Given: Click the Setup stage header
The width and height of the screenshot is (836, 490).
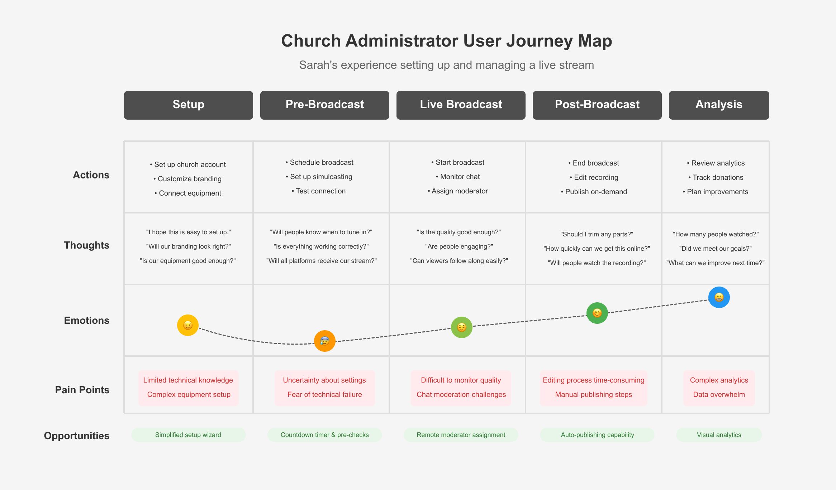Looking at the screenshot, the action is pos(189,105).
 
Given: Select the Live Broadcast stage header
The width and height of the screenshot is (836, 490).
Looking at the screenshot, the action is pos(461,105).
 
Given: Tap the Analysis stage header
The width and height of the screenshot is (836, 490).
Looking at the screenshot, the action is pos(719,105).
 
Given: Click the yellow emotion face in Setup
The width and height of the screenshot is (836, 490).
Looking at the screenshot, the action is pos(188,325).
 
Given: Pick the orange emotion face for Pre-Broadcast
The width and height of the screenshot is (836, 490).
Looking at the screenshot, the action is pos(325,341).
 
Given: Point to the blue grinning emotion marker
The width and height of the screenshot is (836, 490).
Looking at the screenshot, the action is pos(719,297).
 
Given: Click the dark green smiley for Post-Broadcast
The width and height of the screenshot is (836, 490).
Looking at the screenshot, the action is pos(597,313).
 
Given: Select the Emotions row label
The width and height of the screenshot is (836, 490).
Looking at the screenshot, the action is pos(87,320).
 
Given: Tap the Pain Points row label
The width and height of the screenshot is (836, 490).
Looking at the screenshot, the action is pos(82,390).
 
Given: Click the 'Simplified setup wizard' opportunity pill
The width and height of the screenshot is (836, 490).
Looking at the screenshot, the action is pos(189,435).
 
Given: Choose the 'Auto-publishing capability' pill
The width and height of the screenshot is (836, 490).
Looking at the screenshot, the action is pos(597,435).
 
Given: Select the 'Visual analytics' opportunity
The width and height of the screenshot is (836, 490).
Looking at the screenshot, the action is pos(719,435).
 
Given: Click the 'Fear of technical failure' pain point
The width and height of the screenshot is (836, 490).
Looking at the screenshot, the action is pos(325,394).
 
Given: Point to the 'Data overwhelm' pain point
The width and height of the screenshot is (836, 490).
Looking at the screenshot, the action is pos(719,394).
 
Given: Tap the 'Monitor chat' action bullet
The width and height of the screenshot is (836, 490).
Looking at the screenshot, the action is pos(458,177).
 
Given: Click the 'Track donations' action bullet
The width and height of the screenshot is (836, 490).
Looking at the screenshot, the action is pos(716,177).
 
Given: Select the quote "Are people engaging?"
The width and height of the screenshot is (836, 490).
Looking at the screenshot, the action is pos(459,246).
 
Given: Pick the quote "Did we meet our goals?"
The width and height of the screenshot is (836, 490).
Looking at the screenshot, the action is pos(716,249).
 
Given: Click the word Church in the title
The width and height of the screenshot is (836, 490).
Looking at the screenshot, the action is pos(311,41).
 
